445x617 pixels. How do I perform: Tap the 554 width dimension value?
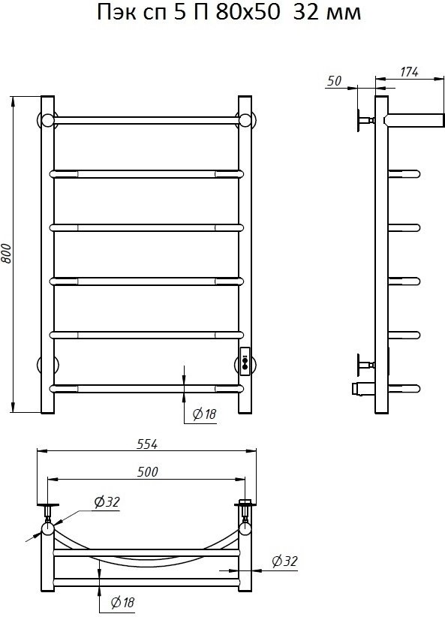coord(147,444)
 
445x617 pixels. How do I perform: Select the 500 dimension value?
coord(147,472)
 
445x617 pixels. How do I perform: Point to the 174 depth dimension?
coord(409,72)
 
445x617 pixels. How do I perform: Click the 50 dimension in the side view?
coord(334,80)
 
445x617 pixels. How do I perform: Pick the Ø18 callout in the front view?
coord(204,414)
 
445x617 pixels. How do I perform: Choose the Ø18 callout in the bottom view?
coord(122,602)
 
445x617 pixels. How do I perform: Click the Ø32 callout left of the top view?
coord(107,501)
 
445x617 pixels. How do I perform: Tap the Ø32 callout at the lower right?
coord(285,561)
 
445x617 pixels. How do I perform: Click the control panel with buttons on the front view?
coord(245,362)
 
